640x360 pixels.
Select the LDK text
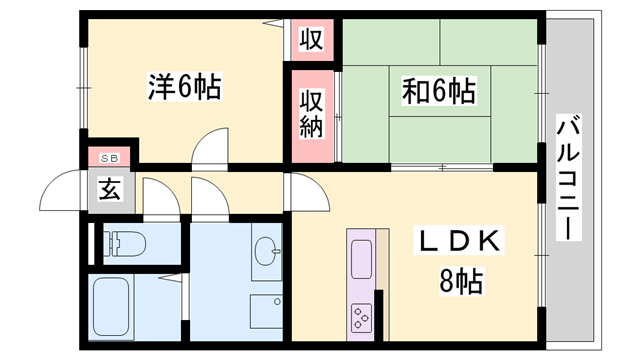pos(463,243)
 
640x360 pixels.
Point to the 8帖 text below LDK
pos(463,281)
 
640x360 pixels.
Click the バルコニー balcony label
pos(569,178)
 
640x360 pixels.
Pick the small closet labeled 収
pos(311,40)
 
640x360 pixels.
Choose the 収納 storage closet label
pos(311,114)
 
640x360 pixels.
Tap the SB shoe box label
pos(110,158)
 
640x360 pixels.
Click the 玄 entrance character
pos(110,188)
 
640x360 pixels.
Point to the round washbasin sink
pos(265,249)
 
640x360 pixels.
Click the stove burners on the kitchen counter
pos(360,318)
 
